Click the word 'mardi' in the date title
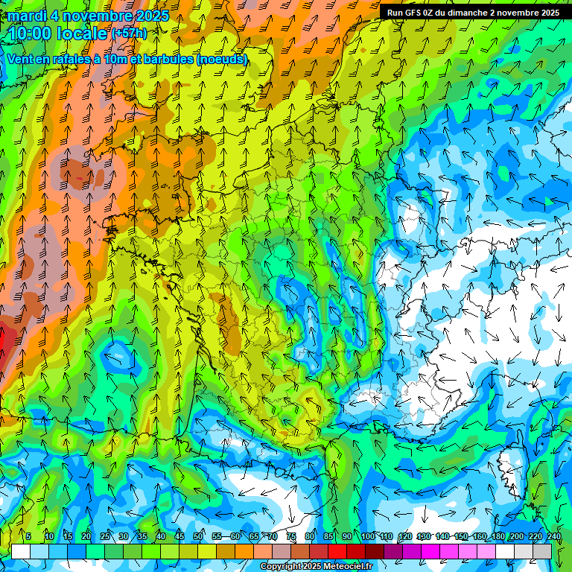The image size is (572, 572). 26,16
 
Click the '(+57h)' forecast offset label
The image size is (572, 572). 128,34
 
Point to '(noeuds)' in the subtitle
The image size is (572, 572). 222,59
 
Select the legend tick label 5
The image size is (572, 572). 28,536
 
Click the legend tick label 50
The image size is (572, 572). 198,536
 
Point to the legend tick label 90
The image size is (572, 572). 347,536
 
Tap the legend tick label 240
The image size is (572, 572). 553,536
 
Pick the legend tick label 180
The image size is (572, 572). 498,536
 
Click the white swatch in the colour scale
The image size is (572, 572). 21,550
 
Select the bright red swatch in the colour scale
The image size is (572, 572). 337,550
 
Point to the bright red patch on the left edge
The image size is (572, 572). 3,346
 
